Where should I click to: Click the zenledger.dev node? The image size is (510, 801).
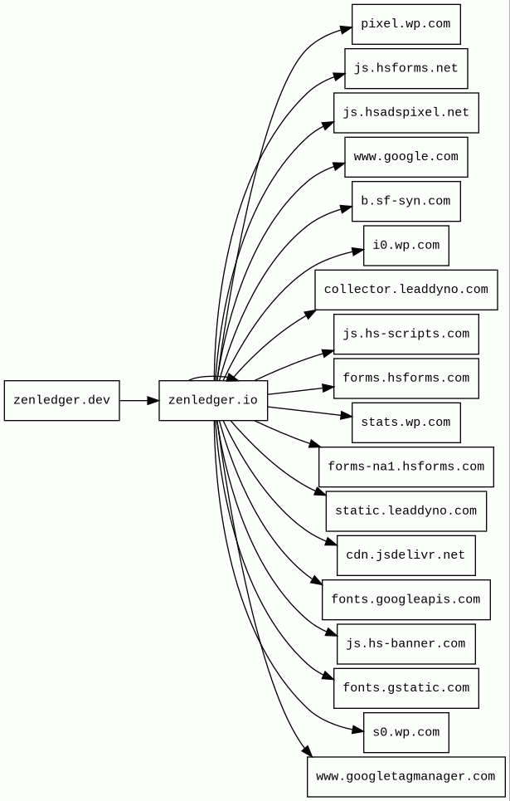tap(61, 400)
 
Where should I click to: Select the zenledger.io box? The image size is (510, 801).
tap(213, 400)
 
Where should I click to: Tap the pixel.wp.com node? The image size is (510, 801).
tap(406, 24)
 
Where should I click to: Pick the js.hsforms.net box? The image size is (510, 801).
tap(406, 68)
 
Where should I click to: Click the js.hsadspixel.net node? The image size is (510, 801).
tap(406, 113)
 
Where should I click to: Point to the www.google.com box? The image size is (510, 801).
tap(406, 157)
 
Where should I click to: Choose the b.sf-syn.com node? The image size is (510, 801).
tap(406, 201)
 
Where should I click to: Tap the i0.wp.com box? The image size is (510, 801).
tap(406, 246)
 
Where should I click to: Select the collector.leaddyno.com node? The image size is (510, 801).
tap(406, 290)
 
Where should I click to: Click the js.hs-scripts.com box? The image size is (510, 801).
tap(406, 334)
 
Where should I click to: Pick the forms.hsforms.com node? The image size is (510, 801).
tap(406, 379)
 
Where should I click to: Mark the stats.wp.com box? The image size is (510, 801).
tap(406, 422)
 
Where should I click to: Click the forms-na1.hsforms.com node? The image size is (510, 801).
tap(406, 467)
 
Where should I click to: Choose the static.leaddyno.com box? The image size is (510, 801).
tap(406, 511)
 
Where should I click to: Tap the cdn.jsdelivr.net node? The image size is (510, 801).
tap(406, 555)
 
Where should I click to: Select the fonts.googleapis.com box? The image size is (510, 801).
tap(406, 600)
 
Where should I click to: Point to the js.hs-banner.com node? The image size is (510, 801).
tap(406, 644)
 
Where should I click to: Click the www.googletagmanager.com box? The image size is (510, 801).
tap(406, 777)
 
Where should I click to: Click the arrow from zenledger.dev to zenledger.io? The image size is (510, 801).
tap(139, 400)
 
